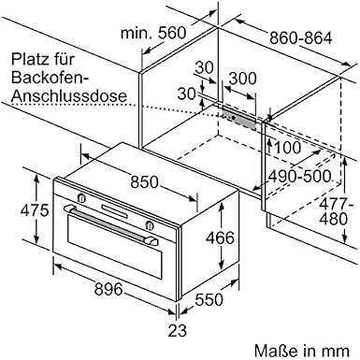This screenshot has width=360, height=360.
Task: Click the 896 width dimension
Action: pyautogui.click(x=108, y=289)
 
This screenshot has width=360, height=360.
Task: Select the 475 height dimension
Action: pyautogui.click(x=35, y=210)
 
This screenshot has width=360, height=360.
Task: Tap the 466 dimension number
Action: pyautogui.click(x=220, y=238)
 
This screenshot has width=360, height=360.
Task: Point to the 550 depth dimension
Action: pyautogui.click(x=209, y=299)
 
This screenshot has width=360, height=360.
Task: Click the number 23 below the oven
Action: pyautogui.click(x=178, y=330)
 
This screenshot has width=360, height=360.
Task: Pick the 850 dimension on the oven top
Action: pyautogui.click(x=145, y=182)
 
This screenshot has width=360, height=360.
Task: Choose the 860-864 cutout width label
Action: pyautogui.click(x=301, y=38)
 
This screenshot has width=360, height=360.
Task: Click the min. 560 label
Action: pyautogui.click(x=153, y=33)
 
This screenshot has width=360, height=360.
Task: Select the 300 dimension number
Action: pyautogui.click(x=243, y=79)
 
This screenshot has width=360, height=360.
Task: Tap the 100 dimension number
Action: pyautogui.click(x=287, y=148)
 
